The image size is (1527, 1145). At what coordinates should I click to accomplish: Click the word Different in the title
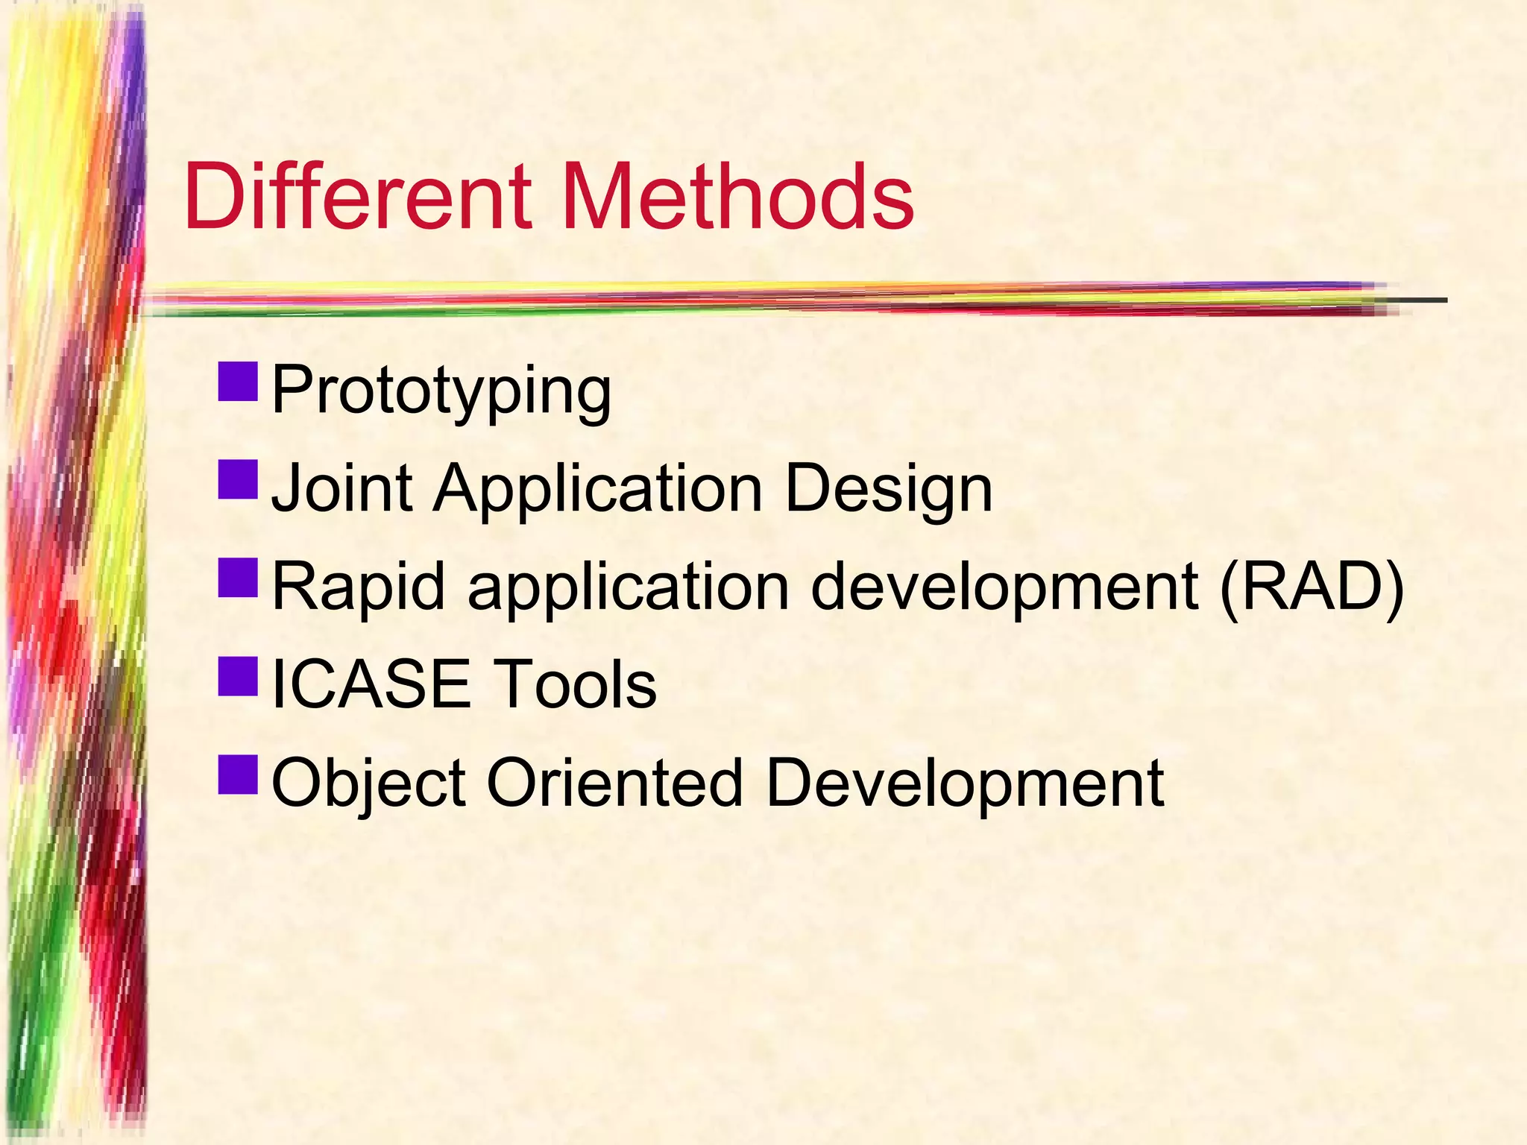pos(358,198)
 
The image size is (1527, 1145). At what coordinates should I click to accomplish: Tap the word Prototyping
pos(441,391)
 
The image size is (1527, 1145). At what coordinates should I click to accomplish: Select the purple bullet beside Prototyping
pos(238,382)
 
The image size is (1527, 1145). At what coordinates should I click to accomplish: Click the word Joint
pos(341,489)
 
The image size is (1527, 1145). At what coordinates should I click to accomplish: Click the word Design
pos(889,491)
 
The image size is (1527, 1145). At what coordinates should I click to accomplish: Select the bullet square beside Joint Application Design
pos(238,479)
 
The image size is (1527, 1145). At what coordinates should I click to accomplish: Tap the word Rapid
pos(359,587)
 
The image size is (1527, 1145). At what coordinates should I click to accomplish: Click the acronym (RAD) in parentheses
pos(1312,587)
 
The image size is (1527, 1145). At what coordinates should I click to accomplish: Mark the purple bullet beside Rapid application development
pos(238,578)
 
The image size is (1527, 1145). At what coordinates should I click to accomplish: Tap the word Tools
pos(576,684)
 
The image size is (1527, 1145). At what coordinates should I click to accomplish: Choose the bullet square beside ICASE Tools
pos(238,676)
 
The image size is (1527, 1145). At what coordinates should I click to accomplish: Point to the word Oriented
pos(615,783)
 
